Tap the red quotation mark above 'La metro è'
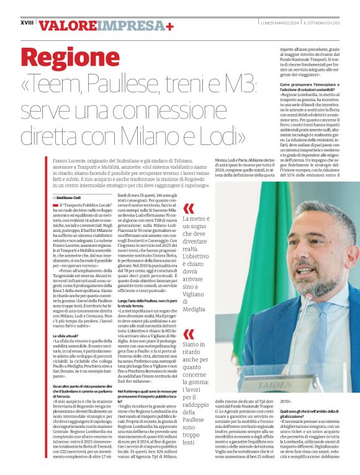click(188, 208)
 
